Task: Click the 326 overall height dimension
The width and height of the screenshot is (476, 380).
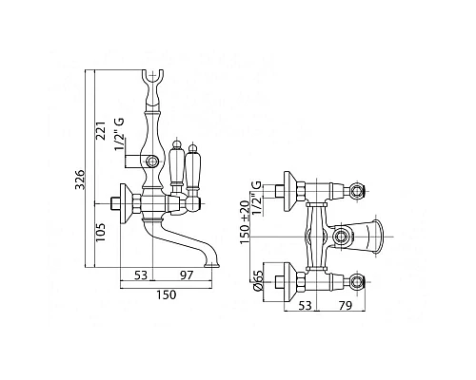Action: pyautogui.click(x=80, y=180)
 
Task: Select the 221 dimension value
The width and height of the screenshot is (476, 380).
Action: pyautogui.click(x=100, y=131)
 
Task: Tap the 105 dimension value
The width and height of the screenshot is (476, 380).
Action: pyautogui.click(x=100, y=232)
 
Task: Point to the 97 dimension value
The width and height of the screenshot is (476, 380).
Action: pyautogui.click(x=187, y=275)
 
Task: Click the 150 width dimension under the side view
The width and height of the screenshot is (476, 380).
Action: pyautogui.click(x=166, y=294)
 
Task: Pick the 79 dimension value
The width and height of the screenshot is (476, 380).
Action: pyautogui.click(x=346, y=306)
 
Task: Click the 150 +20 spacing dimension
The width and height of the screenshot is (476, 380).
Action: pyautogui.click(x=245, y=221)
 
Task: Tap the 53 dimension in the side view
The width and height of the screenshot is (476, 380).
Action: pyautogui.click(x=141, y=275)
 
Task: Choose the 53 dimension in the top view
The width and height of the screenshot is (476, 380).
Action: pyautogui.click(x=306, y=306)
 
